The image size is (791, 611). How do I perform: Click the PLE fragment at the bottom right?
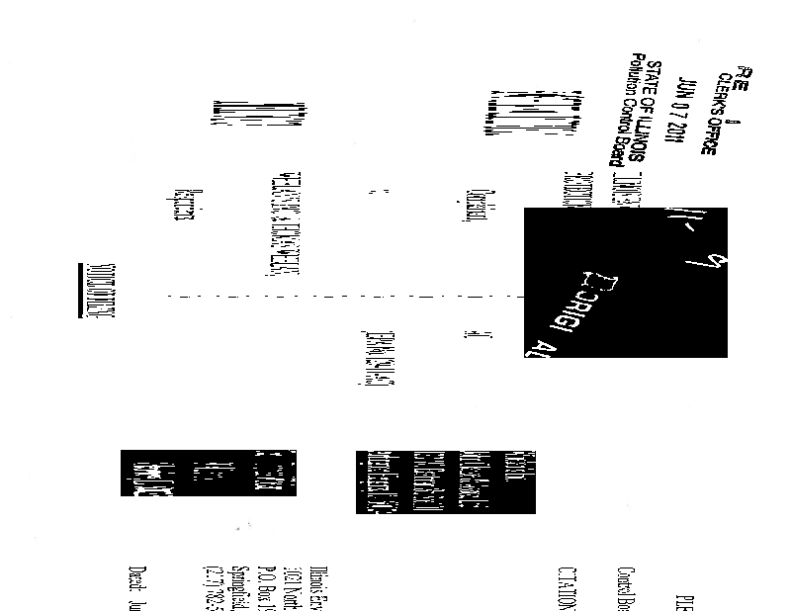click(x=681, y=598)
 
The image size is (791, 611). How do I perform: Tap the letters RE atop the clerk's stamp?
click(x=747, y=79)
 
